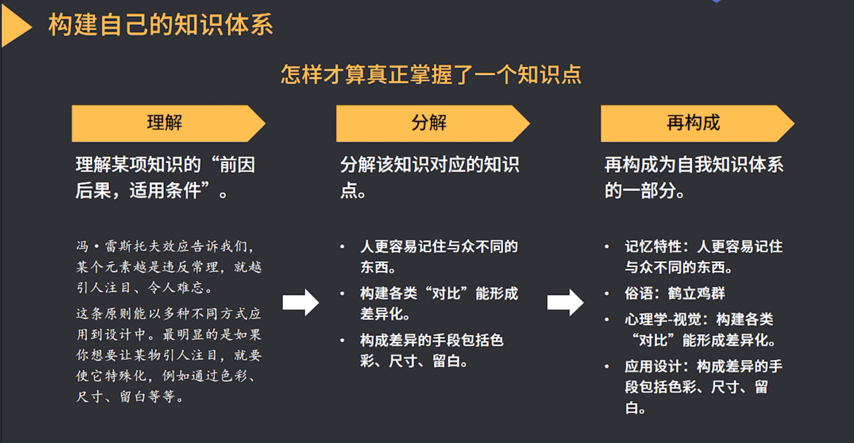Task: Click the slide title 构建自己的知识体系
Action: click(161, 25)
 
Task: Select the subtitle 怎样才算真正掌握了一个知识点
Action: click(431, 75)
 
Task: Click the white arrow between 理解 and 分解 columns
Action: click(300, 302)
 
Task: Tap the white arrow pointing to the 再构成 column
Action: click(565, 302)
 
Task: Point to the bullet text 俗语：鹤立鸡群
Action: click(675, 294)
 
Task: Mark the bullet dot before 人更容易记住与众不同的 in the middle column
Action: click(342, 247)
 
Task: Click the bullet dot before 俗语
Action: click(607, 294)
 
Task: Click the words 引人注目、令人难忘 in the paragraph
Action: click(144, 288)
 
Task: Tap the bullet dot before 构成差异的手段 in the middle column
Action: click(342, 341)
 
